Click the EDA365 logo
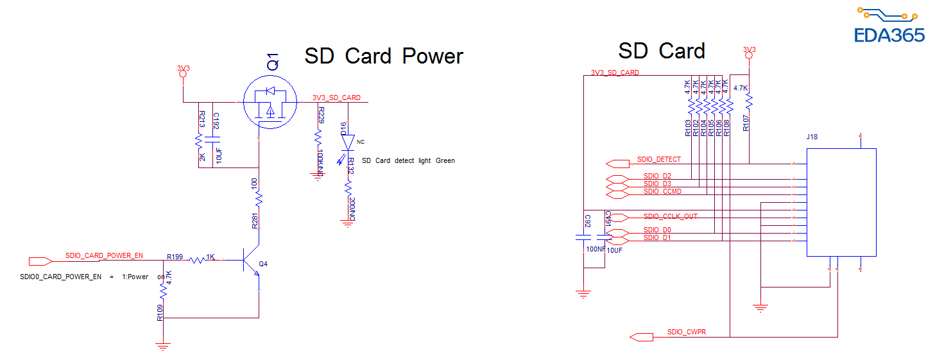click(889, 26)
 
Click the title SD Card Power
click(383, 56)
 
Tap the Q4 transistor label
click(263, 264)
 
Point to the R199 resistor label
click(175, 257)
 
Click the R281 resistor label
click(255, 221)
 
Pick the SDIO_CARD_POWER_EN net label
click(104, 255)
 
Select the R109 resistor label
click(160, 313)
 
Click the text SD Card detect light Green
click(408, 160)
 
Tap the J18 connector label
click(812, 137)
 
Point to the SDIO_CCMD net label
click(662, 191)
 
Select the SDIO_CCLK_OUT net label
click(670, 216)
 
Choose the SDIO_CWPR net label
click(686, 332)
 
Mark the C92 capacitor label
click(587, 221)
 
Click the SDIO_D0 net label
click(657, 230)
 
